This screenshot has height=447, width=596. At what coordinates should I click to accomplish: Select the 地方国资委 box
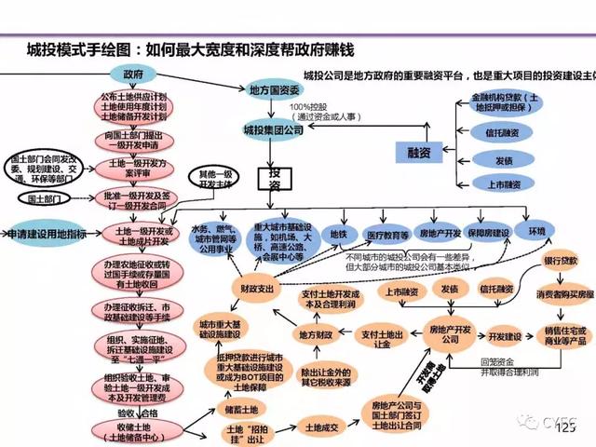click(274, 89)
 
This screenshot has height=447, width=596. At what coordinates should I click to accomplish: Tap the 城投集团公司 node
click(273, 129)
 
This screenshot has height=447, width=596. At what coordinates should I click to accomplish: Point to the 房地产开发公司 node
click(443, 335)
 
